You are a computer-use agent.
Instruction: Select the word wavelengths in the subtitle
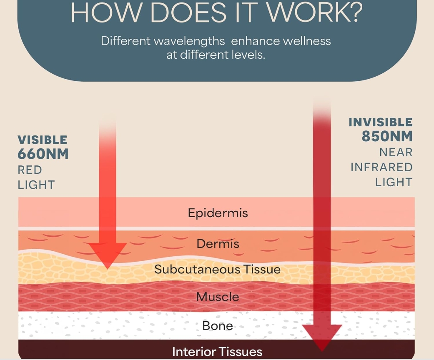(x=189, y=41)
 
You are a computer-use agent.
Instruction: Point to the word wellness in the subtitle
(x=307, y=41)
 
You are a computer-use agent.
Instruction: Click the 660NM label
(x=43, y=154)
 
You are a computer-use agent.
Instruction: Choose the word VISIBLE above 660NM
(x=43, y=140)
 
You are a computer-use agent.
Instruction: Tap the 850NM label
(x=387, y=136)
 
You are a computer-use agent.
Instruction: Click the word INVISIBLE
(x=381, y=122)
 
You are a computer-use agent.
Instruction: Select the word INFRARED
(x=382, y=167)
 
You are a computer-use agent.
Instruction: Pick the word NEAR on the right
(x=396, y=152)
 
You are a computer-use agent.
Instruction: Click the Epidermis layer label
(x=218, y=213)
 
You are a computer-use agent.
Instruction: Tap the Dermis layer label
(x=218, y=244)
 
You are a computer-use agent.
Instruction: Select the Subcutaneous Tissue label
(x=217, y=269)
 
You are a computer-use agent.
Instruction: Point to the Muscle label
(x=218, y=297)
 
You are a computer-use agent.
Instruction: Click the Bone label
(x=218, y=326)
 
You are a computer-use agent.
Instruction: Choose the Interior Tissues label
(x=217, y=352)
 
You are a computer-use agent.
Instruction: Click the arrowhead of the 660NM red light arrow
(x=108, y=255)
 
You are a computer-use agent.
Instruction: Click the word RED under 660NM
(x=30, y=170)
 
